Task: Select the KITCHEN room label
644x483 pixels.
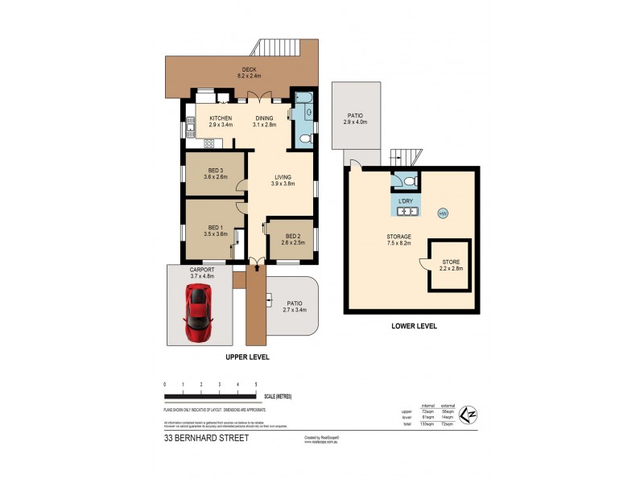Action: click(x=198, y=118)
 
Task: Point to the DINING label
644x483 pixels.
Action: click(x=264, y=118)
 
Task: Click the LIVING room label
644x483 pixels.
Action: click(x=283, y=177)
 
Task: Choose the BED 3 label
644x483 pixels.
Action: click(x=215, y=171)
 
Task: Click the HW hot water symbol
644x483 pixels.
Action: click(x=443, y=213)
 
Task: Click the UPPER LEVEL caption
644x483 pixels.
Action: click(x=247, y=357)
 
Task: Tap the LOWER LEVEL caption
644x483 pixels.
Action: click(x=414, y=326)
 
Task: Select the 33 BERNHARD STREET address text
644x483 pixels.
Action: click(x=206, y=439)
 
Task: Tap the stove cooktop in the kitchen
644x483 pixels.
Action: click(x=208, y=144)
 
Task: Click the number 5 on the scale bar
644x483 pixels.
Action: click(x=256, y=386)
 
